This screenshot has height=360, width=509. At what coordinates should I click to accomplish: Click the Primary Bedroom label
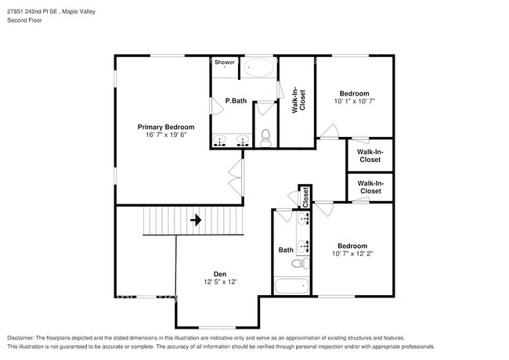pyautogui.click(x=166, y=127)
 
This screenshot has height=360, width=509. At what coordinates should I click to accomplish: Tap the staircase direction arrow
pyautogui.click(x=196, y=220)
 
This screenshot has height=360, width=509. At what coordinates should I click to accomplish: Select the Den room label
pyautogui.click(x=220, y=274)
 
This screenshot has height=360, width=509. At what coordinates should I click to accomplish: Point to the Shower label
pyautogui.click(x=225, y=62)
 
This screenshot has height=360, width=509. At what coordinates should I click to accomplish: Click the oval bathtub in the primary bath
pyautogui.click(x=258, y=67)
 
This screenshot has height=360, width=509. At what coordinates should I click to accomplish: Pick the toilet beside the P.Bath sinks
pyautogui.click(x=265, y=139)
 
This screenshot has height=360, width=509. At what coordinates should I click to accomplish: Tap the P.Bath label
pyautogui.click(x=236, y=101)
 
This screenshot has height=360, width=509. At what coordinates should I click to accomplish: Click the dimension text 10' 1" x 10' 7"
pyautogui.click(x=355, y=101)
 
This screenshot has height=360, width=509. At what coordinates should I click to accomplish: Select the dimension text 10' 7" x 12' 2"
pyautogui.click(x=352, y=254)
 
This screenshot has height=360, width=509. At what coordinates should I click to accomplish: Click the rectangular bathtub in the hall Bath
pyautogui.click(x=291, y=286)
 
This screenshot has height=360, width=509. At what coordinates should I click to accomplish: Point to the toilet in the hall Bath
pyautogui.click(x=300, y=264)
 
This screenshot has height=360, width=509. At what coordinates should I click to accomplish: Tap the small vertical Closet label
pyautogui.click(x=305, y=197)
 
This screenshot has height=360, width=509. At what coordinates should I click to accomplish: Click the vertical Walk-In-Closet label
pyautogui.click(x=298, y=99)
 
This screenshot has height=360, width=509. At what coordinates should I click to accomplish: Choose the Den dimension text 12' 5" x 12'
pyautogui.click(x=220, y=282)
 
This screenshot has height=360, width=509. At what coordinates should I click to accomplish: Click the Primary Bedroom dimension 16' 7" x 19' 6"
pyautogui.click(x=166, y=135)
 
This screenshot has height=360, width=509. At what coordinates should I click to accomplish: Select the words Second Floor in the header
pyautogui.click(x=25, y=20)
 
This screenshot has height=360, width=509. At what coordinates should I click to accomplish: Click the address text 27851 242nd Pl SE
pyautogui.click(x=32, y=12)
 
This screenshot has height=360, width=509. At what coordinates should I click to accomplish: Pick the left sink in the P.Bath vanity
pyautogui.click(x=220, y=140)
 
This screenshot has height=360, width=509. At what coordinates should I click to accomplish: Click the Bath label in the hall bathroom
pyautogui.click(x=286, y=250)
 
